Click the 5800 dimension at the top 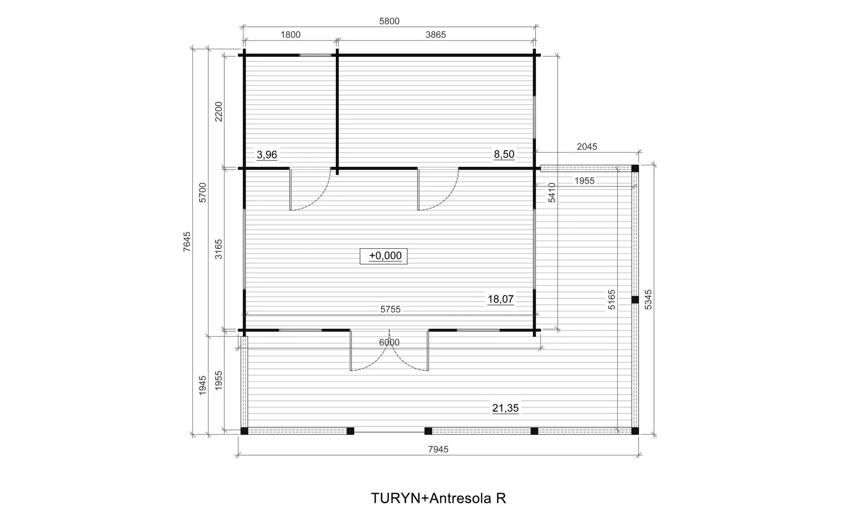pos(389,21)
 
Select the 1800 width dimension pos(291,35)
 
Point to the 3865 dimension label pos(435,35)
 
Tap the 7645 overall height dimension pos(187,241)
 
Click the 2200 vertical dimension pos(219,112)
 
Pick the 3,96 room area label pos(267,154)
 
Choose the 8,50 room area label pos(504,154)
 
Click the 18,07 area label pos(501,299)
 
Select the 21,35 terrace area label pos(505,408)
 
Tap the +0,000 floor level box pos(383,256)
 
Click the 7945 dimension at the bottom pos(438,449)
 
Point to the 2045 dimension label pos(587,147)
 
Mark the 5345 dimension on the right pos(648,299)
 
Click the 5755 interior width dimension pos(390,309)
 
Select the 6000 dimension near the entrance pos(389,343)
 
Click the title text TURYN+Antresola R pos(438,498)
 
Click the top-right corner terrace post pos(635,168)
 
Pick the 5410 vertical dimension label pos(552,192)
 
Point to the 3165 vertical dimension pos(219,249)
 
